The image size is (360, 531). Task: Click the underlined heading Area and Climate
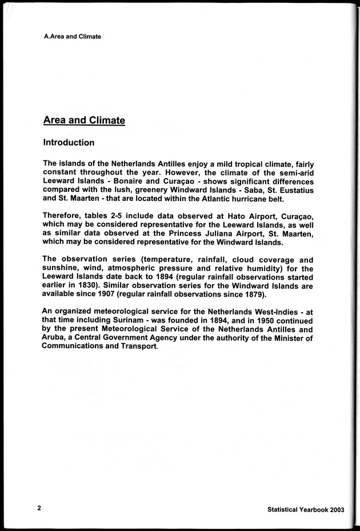(84, 120)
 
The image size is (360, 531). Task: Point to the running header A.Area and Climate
(72, 37)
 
